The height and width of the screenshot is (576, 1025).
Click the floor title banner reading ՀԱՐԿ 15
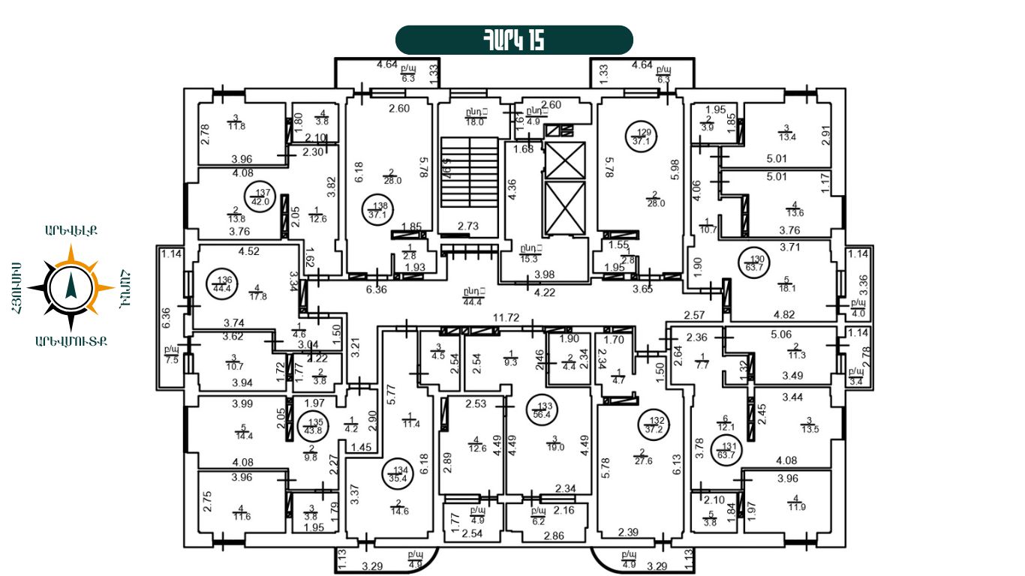pos(514,40)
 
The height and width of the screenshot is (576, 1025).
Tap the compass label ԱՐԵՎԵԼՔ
pos(72,231)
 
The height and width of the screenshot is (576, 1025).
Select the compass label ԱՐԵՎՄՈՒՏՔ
pos(71,342)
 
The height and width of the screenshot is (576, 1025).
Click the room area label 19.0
pos(555,447)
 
